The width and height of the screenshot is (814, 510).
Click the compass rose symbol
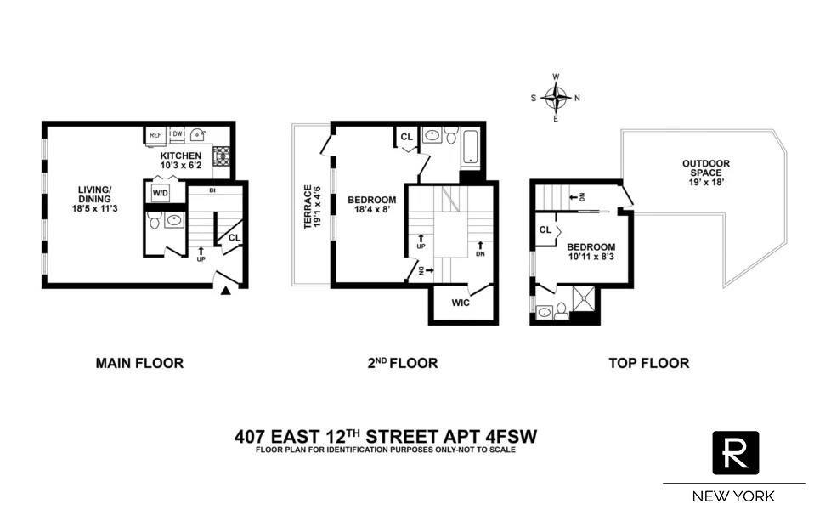556,98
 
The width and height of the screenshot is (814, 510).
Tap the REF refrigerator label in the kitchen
155,135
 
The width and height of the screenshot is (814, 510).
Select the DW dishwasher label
178,133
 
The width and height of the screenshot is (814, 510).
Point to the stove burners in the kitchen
223,156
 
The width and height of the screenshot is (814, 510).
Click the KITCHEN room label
181,156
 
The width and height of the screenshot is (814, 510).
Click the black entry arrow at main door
225,292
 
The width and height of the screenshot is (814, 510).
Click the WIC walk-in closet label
461,303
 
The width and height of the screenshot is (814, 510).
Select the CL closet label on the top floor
545,229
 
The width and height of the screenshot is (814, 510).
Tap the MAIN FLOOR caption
139,363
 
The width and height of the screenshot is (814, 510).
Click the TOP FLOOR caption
648,363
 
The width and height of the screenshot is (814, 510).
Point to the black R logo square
735,453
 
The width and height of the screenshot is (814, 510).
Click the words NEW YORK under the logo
734,496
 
